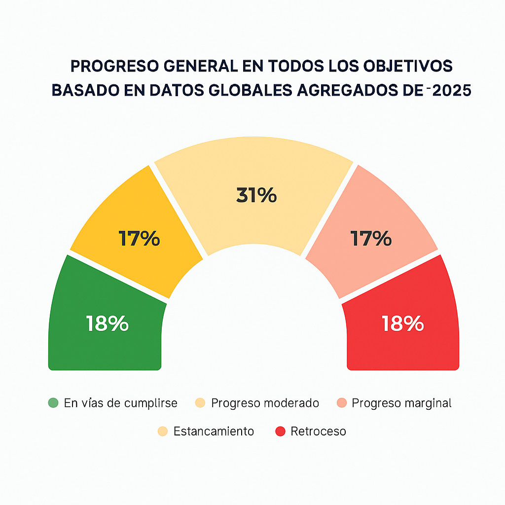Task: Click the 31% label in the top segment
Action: point(256,195)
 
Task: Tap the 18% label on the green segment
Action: point(107,324)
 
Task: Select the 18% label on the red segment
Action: point(403,324)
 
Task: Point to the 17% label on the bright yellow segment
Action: point(139,239)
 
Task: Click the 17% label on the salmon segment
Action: point(371,239)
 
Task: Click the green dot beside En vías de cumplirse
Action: point(53,403)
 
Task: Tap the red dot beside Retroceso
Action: point(280,432)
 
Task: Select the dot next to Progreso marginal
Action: point(341,403)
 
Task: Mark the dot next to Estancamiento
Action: point(163,432)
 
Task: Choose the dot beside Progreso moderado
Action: point(200,403)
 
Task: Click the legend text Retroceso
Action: point(318,432)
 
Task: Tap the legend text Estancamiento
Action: point(214,432)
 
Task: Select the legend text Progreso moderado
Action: point(265,403)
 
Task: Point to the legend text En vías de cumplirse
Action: point(120,403)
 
